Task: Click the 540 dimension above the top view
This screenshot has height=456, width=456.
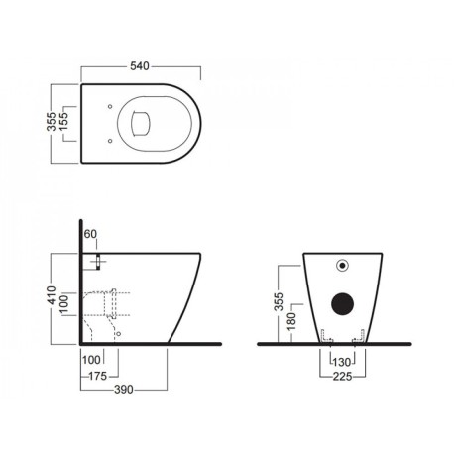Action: click(x=140, y=66)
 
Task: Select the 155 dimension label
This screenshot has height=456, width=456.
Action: click(x=62, y=121)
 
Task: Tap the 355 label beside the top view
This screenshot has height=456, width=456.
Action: click(x=52, y=122)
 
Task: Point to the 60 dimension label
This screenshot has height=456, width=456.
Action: click(x=90, y=234)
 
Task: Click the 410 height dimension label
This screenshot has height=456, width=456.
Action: click(x=52, y=295)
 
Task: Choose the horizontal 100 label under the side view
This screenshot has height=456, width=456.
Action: click(x=91, y=360)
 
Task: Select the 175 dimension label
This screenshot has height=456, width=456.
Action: click(x=98, y=376)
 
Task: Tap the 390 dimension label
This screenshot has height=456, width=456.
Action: click(x=124, y=390)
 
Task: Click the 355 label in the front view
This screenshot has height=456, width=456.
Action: click(x=279, y=301)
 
